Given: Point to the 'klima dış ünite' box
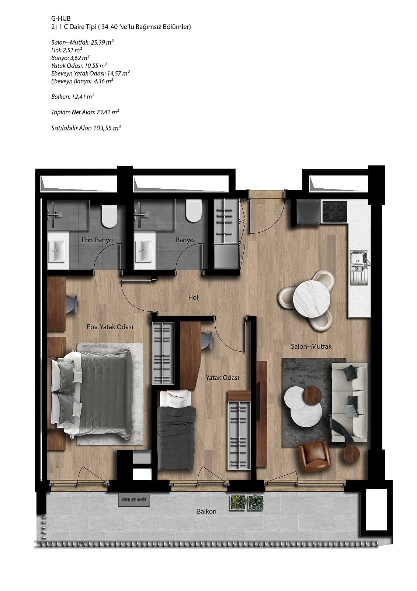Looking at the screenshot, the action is point(134,499).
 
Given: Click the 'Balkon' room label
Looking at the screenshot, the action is point(206,511).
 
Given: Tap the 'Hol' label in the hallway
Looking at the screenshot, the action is point(193,297).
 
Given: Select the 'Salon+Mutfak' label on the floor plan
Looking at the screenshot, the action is point(311,346).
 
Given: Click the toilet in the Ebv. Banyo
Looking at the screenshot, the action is point(109,214).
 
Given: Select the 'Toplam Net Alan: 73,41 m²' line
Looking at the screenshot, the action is point(85,112).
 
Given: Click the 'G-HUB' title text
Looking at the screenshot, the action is point(61,18).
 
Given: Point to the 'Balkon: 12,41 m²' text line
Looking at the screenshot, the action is point(73,96).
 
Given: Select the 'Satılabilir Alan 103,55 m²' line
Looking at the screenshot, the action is point(86,128).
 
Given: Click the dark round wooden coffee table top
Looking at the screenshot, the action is point(312,396).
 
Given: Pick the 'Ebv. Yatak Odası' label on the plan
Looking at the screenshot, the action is point(110,327).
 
